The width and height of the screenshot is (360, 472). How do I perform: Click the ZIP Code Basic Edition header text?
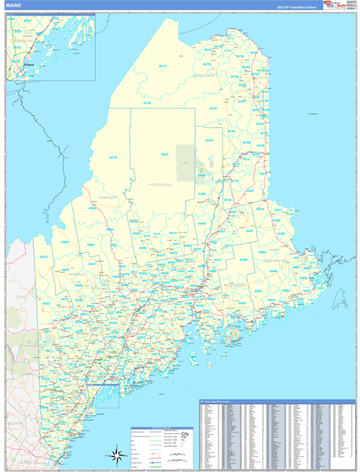pyautogui.click(x=294, y=6)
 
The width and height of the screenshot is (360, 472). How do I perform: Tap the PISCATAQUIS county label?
pyautogui.click(x=160, y=183)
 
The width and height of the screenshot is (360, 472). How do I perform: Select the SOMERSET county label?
pyautogui.click(x=108, y=197)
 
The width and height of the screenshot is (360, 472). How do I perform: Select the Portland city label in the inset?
pyautogui.click(x=30, y=65)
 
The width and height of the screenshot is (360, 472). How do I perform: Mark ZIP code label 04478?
pyautogui.click(x=113, y=157)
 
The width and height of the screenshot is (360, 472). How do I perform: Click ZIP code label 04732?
pyautogui.click(x=213, y=109)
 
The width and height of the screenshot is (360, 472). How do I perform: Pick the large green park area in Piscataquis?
pyautogui.click(x=186, y=163)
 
